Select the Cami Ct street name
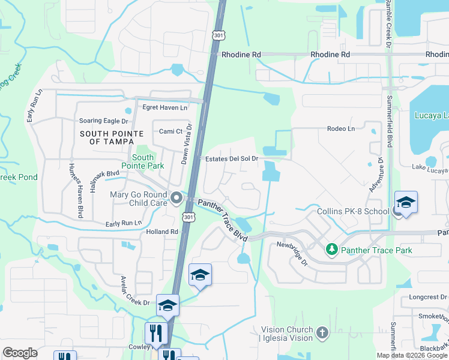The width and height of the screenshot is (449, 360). point(170,131)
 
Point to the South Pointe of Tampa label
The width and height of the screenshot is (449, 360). point(112,137)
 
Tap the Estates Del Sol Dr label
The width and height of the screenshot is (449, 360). point(231,159)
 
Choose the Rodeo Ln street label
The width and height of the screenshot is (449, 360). point(341,129)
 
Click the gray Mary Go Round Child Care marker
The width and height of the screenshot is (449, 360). point(176,197)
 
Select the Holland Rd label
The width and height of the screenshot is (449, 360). point(162,232)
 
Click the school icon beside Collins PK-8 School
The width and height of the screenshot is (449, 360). point(406,203)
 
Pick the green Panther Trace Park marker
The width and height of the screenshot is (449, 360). point(331,248)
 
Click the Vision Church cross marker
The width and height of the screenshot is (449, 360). point(322,332)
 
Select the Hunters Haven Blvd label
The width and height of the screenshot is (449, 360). point(74,190)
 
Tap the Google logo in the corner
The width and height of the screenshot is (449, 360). point(20,353)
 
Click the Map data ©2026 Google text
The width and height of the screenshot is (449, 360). point(412,355)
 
